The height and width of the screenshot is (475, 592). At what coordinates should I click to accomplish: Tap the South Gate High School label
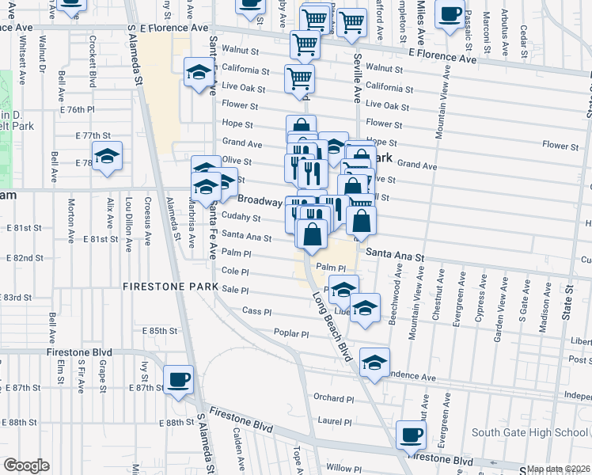[529, 432]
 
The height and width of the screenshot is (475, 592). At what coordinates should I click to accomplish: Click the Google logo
[26, 465]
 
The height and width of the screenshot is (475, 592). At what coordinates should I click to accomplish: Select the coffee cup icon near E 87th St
[178, 378]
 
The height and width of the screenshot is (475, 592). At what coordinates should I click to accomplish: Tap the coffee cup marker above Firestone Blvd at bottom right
[412, 434]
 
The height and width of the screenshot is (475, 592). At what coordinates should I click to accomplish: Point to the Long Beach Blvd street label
[331, 328]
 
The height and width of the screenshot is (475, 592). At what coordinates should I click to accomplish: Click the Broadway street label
[260, 200]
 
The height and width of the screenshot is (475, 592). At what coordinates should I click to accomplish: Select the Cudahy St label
[241, 217]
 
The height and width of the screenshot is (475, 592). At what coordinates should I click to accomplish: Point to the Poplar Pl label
[290, 334]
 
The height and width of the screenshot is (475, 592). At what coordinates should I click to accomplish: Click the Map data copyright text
[559, 469]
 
